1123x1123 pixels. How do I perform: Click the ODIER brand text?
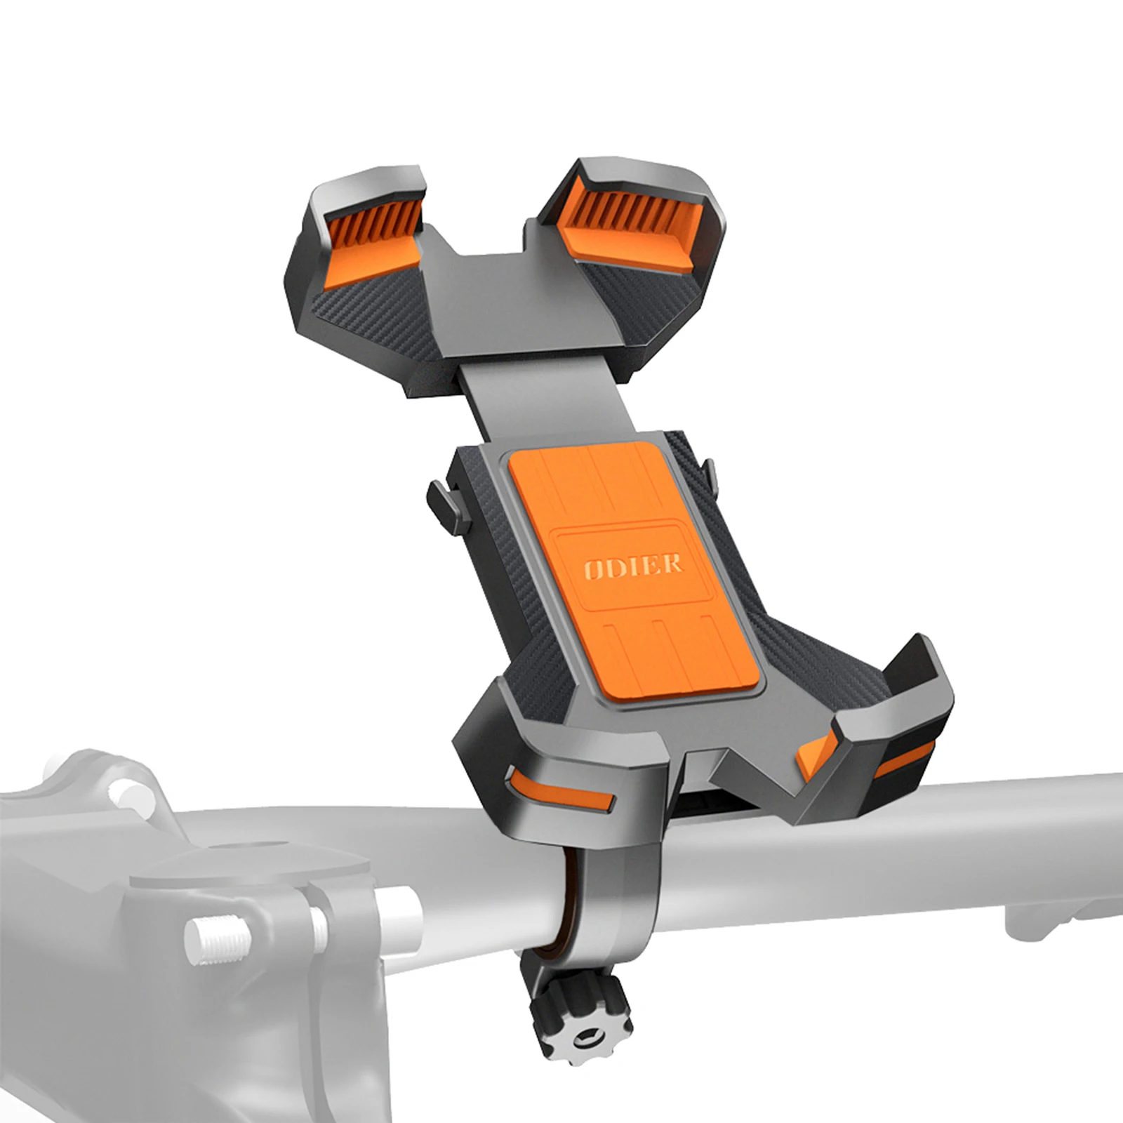[x=632, y=565]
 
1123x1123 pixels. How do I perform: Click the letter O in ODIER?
[x=592, y=568]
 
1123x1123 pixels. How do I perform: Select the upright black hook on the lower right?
[x=912, y=667]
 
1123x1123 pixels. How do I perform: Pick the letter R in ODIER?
[x=672, y=563]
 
